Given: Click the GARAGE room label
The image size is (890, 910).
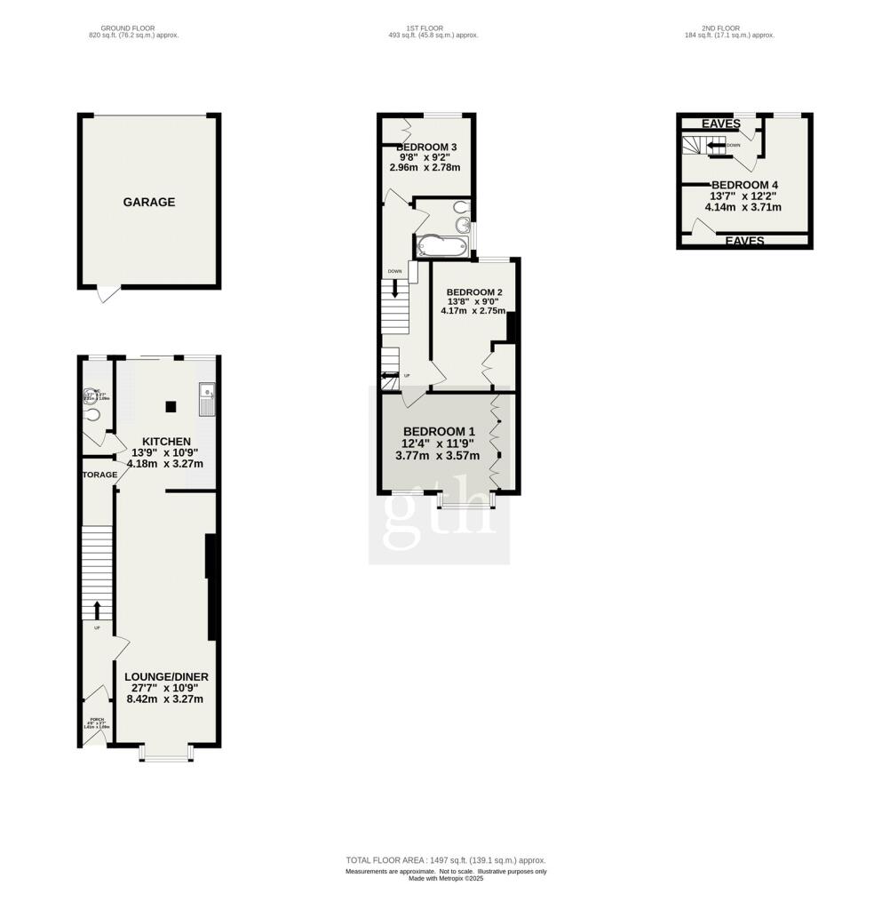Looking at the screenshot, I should (148, 202).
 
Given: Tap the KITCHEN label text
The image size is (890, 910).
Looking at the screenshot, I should (166, 441).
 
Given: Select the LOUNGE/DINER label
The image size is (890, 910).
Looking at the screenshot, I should (166, 676).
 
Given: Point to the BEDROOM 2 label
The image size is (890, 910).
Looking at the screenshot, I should (474, 292).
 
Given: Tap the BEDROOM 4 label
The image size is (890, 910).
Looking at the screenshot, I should (744, 185).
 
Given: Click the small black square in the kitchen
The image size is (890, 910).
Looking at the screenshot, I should (171, 407).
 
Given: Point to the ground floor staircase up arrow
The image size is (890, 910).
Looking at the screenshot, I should (97, 610).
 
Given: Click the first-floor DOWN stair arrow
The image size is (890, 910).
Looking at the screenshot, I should (394, 289).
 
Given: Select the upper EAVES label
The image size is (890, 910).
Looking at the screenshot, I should (721, 124).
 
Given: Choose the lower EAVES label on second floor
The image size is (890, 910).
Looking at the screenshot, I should (744, 241).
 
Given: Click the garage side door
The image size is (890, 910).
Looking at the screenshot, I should (107, 294).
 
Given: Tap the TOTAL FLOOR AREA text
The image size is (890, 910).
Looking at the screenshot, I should (445, 860).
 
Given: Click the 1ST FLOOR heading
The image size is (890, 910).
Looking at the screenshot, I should (425, 28).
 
